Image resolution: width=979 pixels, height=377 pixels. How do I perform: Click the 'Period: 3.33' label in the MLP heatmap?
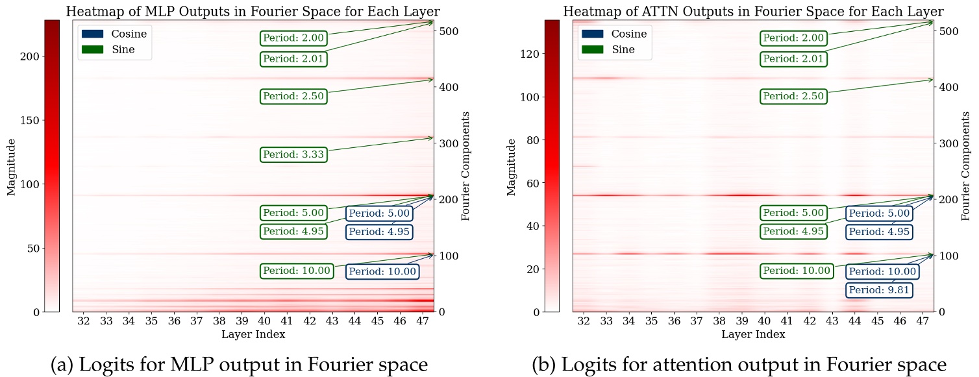[x=293, y=155]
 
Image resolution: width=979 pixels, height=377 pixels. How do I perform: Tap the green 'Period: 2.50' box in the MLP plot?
[x=293, y=97]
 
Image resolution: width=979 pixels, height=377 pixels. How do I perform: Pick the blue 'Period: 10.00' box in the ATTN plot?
[x=882, y=271]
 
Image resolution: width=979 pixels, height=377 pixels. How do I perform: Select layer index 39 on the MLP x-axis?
[x=242, y=321]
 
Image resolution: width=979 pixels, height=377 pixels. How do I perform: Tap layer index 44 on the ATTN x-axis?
[x=855, y=321]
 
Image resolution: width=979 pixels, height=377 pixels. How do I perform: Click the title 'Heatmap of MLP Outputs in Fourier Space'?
[x=253, y=11]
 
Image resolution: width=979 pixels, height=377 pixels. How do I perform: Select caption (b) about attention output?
[x=739, y=365]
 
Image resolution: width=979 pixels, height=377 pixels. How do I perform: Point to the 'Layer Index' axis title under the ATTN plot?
[x=753, y=335]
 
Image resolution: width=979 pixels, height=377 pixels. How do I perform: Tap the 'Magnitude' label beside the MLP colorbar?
[x=11, y=165]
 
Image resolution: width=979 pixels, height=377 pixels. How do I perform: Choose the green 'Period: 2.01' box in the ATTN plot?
[x=793, y=59]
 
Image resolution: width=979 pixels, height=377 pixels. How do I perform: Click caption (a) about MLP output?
[x=239, y=365]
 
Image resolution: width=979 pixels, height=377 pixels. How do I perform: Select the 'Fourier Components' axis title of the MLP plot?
[x=465, y=165]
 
